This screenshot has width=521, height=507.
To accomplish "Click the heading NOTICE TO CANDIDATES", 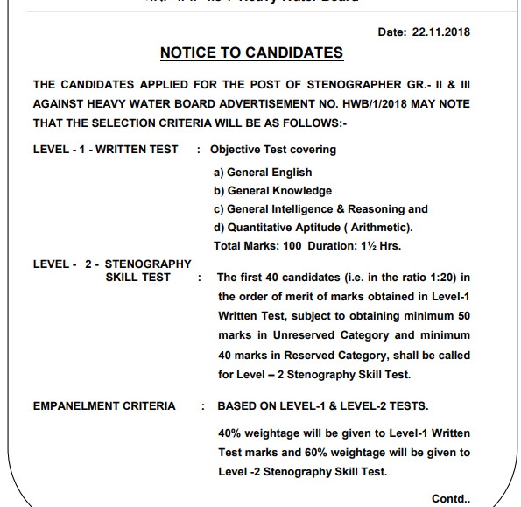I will (x=251, y=53).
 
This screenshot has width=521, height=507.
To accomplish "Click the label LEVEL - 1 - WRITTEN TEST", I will (x=105, y=150).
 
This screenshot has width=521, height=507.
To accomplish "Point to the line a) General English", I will (x=263, y=173).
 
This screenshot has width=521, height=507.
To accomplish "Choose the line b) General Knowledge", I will (x=272, y=191).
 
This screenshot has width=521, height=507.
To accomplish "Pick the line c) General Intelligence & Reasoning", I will (x=320, y=209).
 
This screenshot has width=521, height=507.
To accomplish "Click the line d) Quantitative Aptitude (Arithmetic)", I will (x=313, y=228).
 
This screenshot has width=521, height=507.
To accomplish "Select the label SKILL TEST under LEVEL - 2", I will (x=137, y=278).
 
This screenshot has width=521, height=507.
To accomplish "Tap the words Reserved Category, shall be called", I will (x=395, y=355).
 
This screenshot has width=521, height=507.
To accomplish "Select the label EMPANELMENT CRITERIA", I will (x=104, y=405).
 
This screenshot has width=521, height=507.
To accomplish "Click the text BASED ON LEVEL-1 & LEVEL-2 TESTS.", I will (x=324, y=405).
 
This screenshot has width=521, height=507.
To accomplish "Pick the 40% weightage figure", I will (x=230, y=433).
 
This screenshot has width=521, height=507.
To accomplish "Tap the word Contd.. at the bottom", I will (x=450, y=498).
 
